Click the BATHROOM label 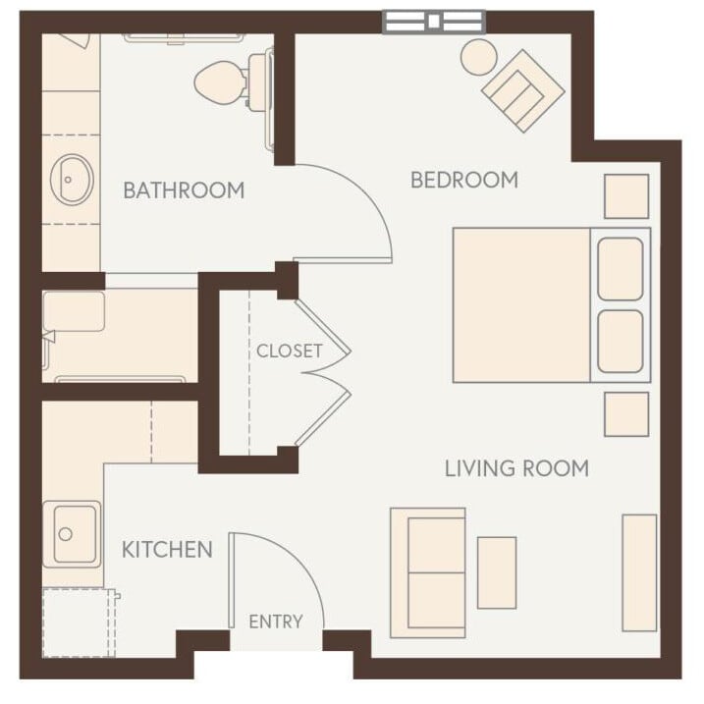click(184, 190)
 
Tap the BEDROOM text click(463, 180)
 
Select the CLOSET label click(289, 351)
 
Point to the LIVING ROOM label click(516, 468)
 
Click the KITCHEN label click(167, 549)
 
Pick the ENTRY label click(275, 622)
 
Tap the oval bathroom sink click(73, 179)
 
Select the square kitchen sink click(74, 533)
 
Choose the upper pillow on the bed click(620, 268)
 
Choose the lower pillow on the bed click(620, 341)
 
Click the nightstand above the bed click(625, 196)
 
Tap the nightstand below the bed click(625, 413)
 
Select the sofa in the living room click(428, 572)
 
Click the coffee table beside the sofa click(497, 572)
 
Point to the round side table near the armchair click(480, 57)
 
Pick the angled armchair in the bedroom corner click(522, 90)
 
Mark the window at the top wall click(433, 21)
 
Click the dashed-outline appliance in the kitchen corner click(79, 622)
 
